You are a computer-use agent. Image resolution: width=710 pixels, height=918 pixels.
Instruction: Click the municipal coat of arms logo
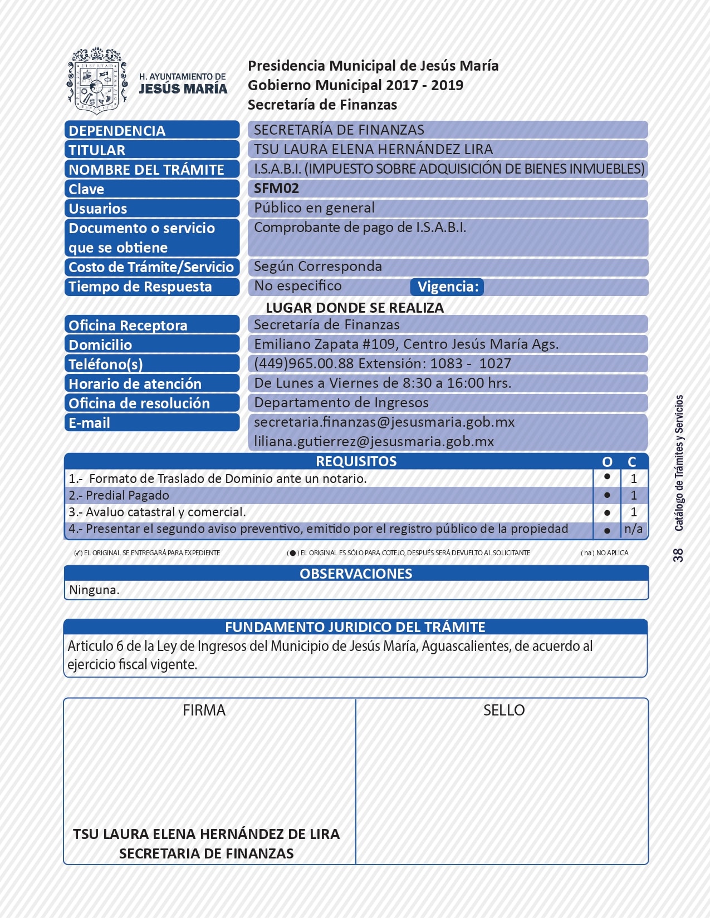coord(97,80)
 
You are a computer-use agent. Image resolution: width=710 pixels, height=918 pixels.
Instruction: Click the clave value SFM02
coord(276,188)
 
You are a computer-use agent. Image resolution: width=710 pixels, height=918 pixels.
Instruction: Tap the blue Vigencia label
coord(447,287)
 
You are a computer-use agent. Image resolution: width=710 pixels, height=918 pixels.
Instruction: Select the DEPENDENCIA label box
coord(151,130)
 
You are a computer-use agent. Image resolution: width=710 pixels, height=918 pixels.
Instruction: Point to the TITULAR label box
coord(151,150)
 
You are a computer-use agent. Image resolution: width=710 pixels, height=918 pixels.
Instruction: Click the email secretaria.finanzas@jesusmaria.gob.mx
coord(384,422)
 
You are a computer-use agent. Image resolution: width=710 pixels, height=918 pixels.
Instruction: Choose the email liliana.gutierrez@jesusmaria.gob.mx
coord(374,441)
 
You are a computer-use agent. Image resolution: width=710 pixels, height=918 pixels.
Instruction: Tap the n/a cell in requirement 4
coord(633,529)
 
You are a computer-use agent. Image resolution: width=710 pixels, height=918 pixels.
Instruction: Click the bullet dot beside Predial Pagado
coord(607,495)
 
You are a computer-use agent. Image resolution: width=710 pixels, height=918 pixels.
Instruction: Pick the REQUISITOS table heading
coord(356,461)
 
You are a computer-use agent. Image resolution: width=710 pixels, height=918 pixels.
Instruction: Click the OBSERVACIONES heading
coord(356,574)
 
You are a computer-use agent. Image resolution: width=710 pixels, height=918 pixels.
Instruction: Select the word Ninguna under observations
coord(94,590)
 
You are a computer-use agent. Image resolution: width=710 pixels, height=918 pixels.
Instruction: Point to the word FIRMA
coord(204,710)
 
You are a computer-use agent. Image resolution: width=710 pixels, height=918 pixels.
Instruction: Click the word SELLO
coord(504,710)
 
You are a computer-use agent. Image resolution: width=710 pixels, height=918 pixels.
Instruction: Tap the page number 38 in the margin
coord(678,555)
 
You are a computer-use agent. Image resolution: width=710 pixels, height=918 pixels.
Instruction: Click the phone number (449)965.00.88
coord(304,363)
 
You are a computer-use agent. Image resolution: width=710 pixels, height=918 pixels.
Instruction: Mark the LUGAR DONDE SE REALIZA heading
coord(355,308)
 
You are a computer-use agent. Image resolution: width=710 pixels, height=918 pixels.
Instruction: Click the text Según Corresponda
coord(318,266)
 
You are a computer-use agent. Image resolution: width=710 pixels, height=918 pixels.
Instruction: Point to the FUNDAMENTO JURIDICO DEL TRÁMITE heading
coord(355,627)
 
